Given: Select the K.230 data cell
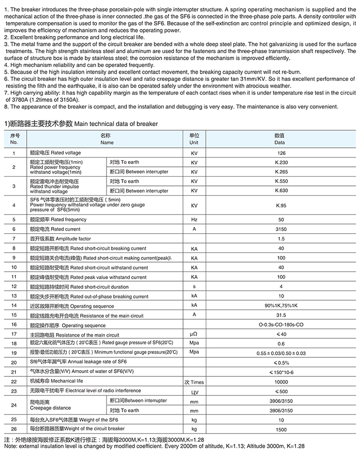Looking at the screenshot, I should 281,162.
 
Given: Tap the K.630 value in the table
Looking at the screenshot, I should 281,190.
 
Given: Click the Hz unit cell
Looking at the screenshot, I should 194,220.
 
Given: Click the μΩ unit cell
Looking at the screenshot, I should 194,335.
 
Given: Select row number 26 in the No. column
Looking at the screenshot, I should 14,428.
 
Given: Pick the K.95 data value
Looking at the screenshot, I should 281,205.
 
